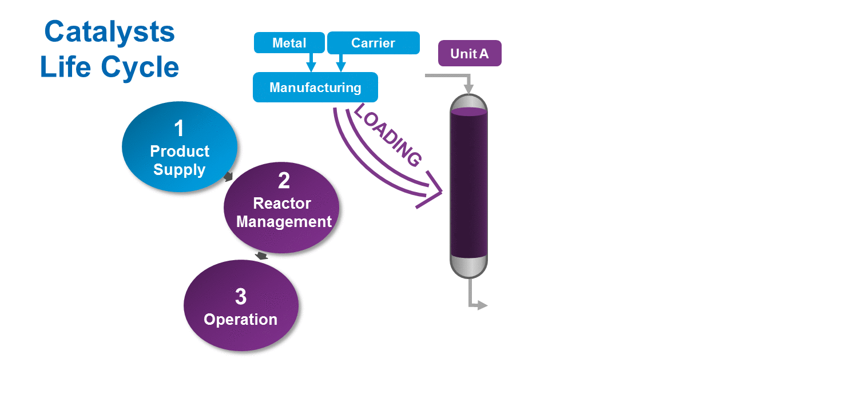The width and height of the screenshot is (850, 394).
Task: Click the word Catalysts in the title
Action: pos(109,31)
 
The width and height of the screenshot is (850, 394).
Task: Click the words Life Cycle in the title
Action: pos(109,67)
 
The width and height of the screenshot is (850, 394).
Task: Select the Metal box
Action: pos(289,43)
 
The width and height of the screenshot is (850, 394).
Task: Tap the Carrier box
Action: pos(373,43)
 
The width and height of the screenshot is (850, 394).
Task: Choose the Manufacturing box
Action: pos(315,87)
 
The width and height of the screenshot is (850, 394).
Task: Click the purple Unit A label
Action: pos(469,53)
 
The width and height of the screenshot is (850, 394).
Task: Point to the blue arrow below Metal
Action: pos(311,62)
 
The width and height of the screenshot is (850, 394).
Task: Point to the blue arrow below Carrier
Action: pos(341,62)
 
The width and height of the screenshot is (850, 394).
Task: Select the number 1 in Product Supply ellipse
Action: pos(179,129)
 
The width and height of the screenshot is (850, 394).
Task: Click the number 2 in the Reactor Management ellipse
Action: pos(284,181)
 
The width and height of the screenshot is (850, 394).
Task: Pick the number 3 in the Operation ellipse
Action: pos(241,297)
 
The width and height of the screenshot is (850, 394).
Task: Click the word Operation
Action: pos(240,319)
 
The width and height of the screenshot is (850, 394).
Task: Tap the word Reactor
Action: pos(282,204)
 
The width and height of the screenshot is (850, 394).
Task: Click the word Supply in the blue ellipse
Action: pos(179,170)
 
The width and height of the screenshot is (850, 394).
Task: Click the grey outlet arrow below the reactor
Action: pos(480,305)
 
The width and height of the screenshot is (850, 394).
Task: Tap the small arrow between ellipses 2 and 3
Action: pos(261,255)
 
